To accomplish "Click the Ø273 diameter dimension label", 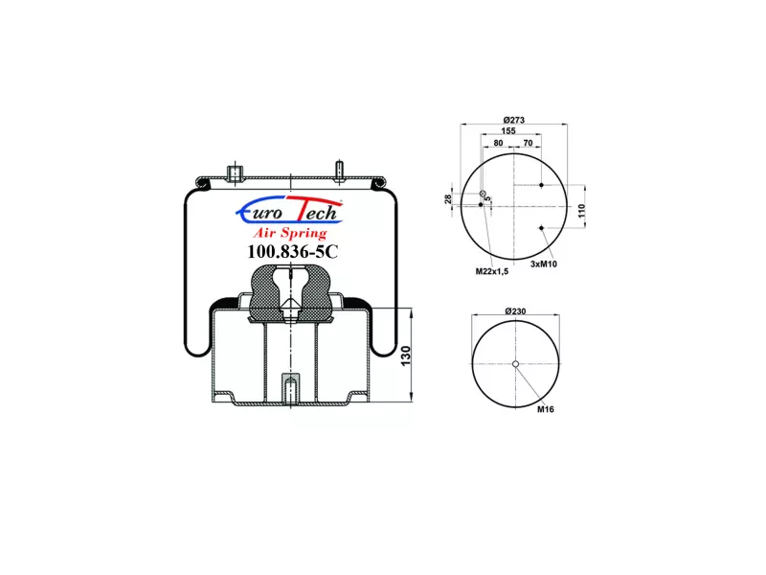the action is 513,120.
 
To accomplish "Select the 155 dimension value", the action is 508,131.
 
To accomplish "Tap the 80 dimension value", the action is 498,143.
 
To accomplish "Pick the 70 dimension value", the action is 528,143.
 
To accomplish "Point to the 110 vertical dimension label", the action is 581,211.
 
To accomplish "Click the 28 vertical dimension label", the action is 448,199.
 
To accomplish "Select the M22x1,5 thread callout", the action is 492,271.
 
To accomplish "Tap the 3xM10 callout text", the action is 543,264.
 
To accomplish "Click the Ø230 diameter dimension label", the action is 515,310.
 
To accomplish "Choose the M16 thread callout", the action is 546,409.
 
